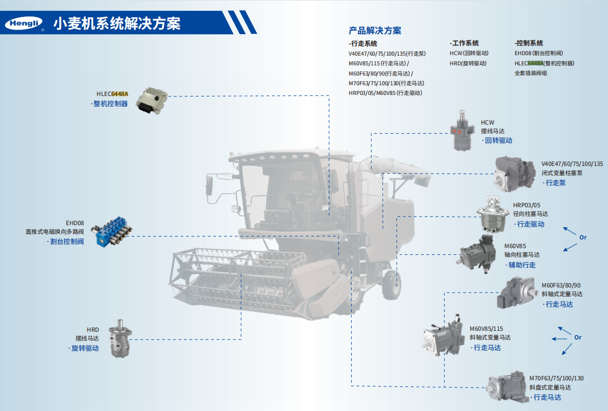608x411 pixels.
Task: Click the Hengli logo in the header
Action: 24,23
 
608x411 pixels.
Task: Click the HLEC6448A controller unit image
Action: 151,101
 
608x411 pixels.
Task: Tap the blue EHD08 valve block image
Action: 112,232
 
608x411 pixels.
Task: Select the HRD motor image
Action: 120,338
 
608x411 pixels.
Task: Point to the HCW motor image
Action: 462,131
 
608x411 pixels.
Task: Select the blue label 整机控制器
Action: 110,104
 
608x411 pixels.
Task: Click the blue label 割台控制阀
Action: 67,241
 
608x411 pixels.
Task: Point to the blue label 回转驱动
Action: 499,140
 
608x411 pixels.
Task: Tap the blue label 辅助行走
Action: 522,265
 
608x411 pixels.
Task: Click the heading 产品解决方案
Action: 375,30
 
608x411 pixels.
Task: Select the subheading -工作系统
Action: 464,43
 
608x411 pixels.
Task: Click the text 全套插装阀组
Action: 530,73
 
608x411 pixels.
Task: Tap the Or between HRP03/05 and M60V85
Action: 583,237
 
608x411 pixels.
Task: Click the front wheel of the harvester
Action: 391,285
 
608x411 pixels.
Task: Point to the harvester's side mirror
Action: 209,185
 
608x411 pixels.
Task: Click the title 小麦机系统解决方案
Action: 117,23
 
